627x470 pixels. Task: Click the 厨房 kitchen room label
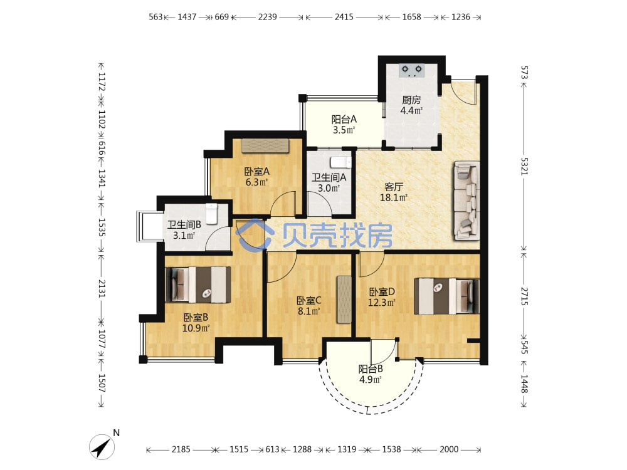(x=411, y=100)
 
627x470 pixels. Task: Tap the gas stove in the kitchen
(x=412, y=71)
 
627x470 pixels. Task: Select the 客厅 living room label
(x=394, y=187)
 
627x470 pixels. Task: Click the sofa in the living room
(x=466, y=201)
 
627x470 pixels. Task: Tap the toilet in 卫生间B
(x=211, y=214)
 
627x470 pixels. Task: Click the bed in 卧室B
(x=198, y=285)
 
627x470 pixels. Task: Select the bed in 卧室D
(x=446, y=296)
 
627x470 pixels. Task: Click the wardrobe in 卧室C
(x=344, y=299)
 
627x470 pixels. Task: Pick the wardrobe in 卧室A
(x=265, y=145)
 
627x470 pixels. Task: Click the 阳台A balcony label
(x=344, y=119)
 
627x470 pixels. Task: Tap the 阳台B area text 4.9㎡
(x=371, y=380)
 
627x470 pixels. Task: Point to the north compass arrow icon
(x=102, y=446)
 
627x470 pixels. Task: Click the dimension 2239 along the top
(x=268, y=17)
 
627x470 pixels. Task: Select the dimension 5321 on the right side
(x=525, y=166)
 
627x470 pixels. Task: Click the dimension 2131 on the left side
(x=102, y=288)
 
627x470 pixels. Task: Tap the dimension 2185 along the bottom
(x=181, y=449)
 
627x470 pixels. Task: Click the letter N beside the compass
(x=117, y=433)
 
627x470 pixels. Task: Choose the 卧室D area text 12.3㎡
(x=381, y=303)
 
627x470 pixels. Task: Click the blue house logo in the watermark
(x=255, y=235)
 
